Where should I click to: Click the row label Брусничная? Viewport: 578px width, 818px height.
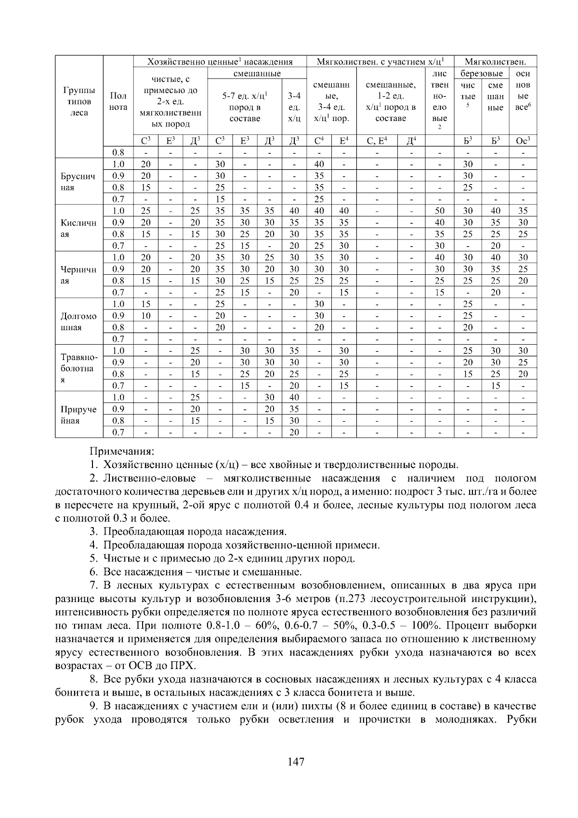click(79, 182)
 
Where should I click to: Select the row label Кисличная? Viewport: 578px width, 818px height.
click(79, 228)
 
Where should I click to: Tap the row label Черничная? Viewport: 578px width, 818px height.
click(79, 275)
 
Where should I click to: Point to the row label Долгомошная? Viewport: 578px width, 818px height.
click(79, 322)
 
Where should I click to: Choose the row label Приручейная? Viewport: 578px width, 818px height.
click(79, 415)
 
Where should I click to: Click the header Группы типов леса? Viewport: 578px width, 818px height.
click(79, 102)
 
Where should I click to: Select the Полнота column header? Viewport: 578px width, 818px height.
click(118, 102)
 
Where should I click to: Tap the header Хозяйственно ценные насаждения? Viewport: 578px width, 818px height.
click(220, 62)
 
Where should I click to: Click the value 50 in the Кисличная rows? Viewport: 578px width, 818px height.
click(439, 211)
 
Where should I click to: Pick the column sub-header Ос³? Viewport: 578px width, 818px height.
click(523, 141)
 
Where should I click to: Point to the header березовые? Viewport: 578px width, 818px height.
click(482, 74)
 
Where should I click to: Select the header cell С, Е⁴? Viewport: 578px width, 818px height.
click(377, 141)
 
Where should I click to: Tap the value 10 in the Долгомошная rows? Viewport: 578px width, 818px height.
click(145, 316)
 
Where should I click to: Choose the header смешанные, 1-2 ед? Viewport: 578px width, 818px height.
click(391, 91)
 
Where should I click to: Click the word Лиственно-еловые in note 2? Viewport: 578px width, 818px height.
click(149, 479)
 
